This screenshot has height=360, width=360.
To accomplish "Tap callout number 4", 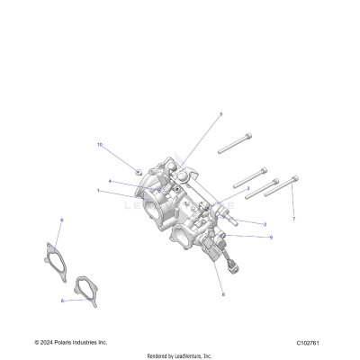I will coord(110,182).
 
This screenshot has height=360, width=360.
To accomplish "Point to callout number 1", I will coord(99,191).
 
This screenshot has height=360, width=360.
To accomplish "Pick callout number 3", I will coord(247,189).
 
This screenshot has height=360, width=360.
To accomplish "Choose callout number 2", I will coord(264,224).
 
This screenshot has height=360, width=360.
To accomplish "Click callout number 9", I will coord(270,237).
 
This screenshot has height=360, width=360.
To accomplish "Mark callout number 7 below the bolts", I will coord(292,219).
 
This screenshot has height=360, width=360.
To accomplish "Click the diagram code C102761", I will coord(310,343).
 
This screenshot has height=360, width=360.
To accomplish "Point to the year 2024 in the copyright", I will coord(44,343).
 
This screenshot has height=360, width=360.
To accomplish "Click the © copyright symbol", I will coord(36,343).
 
